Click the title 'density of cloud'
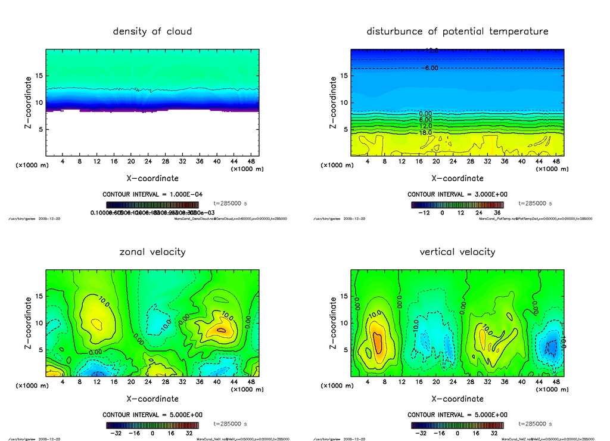[x=152, y=31]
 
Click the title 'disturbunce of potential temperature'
[x=457, y=31]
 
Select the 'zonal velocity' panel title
[x=152, y=251]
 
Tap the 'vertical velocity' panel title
[x=457, y=251]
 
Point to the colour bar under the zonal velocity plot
[x=152, y=426]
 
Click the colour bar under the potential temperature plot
[x=457, y=204]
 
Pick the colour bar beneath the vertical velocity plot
[x=457, y=426]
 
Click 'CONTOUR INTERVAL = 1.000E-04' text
[x=152, y=195]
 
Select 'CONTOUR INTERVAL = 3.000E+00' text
[x=457, y=195]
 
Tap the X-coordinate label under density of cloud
[x=152, y=178]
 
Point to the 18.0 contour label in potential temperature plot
[x=425, y=133]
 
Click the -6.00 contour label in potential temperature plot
[x=430, y=69]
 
